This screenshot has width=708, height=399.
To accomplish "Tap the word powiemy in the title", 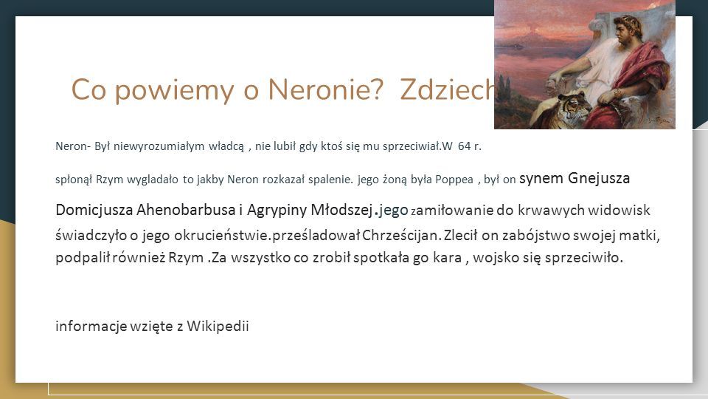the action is pyautogui.click(x=174, y=90).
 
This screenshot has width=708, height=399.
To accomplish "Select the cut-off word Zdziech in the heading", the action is pyautogui.click(x=448, y=89).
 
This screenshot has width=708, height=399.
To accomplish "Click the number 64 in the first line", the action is pyautogui.click(x=464, y=146).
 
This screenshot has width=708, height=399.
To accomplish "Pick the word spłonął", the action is pyautogui.click(x=74, y=180).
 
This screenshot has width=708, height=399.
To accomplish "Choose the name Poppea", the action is pyautogui.click(x=454, y=180).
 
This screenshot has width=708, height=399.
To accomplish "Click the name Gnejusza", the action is pyautogui.click(x=599, y=178).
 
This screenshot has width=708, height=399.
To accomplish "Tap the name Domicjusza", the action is pyautogui.click(x=94, y=210).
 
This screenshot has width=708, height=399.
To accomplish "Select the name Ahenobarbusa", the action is pyautogui.click(x=186, y=210).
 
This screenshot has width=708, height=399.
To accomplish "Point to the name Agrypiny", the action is pyautogui.click(x=277, y=211).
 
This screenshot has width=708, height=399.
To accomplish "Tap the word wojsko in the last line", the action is pyautogui.click(x=496, y=258).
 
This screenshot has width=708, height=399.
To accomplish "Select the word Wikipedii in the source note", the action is pyautogui.click(x=218, y=326).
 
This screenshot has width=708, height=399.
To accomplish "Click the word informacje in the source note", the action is pyautogui.click(x=91, y=327).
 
